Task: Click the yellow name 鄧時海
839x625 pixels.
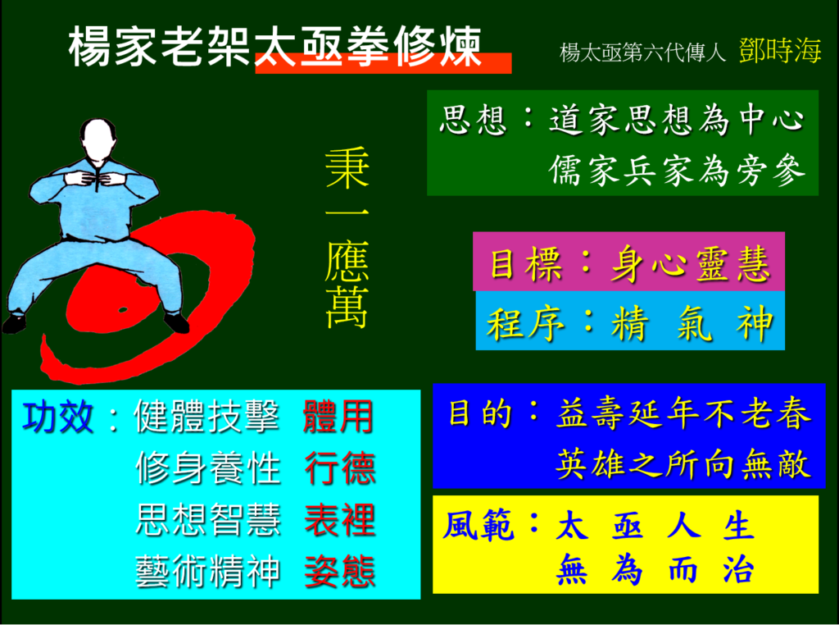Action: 780,51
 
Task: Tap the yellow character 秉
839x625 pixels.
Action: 347,167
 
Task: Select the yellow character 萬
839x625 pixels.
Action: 347,308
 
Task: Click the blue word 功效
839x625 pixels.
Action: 58,417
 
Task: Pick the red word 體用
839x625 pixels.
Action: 338,417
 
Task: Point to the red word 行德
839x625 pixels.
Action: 340,468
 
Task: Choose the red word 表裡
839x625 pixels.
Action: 340,519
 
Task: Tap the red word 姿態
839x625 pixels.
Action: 340,571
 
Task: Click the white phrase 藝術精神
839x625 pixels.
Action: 208,572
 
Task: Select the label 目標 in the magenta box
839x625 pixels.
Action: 526,263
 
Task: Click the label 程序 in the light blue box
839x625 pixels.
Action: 525,323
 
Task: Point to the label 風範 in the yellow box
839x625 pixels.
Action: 478,526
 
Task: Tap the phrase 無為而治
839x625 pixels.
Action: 656,570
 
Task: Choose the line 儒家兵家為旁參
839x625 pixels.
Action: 677,171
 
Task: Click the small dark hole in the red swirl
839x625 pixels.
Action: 123,310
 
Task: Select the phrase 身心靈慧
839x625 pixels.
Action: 691,263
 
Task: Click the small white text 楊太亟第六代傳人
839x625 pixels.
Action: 642,53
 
